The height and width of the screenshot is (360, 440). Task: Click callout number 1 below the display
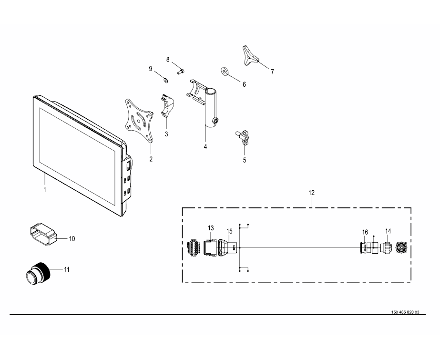[x=45, y=190]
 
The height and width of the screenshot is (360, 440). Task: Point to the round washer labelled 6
[x=225, y=72]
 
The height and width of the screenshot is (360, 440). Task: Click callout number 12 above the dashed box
[x=311, y=193]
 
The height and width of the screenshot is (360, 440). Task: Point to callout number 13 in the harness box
[x=211, y=228]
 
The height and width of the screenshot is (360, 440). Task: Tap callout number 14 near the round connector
[x=388, y=232]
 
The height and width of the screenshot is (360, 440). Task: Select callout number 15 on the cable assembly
[x=229, y=232]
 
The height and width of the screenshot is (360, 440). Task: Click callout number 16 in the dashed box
[x=365, y=232]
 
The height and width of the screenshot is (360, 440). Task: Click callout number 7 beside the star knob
[x=272, y=72]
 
